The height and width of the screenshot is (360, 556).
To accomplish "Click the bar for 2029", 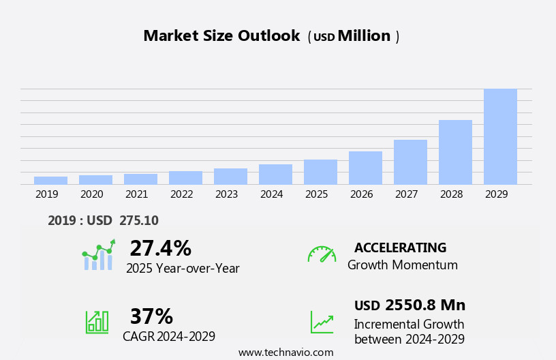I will [500, 136].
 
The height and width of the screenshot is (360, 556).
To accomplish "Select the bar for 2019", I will [50, 180].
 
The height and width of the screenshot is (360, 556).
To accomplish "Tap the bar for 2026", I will [365, 168].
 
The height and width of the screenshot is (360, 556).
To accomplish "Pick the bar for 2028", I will [455, 152].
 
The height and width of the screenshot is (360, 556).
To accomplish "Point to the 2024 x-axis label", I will [271, 194].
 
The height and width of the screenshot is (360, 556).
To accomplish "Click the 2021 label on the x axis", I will [136, 194].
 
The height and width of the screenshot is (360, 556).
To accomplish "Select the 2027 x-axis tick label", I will [406, 194].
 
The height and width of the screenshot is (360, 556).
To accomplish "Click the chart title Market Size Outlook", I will [221, 36].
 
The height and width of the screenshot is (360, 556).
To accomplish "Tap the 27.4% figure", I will [160, 248].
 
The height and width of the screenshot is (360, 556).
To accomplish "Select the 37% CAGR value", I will [151, 316].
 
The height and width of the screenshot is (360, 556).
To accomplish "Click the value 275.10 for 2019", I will [138, 220].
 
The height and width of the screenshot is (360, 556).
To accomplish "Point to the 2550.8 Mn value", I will [425, 305].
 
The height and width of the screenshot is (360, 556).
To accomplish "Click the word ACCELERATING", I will [400, 247].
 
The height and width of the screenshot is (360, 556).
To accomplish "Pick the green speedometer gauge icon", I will [322, 254].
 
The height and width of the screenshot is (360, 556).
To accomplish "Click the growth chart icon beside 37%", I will [97, 321].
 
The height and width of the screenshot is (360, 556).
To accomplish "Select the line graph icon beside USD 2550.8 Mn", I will [322, 322].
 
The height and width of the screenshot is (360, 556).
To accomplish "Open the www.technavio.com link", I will [285, 352].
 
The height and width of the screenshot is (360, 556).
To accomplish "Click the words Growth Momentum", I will [402, 265].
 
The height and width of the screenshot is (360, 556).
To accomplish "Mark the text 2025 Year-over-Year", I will [183, 269].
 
